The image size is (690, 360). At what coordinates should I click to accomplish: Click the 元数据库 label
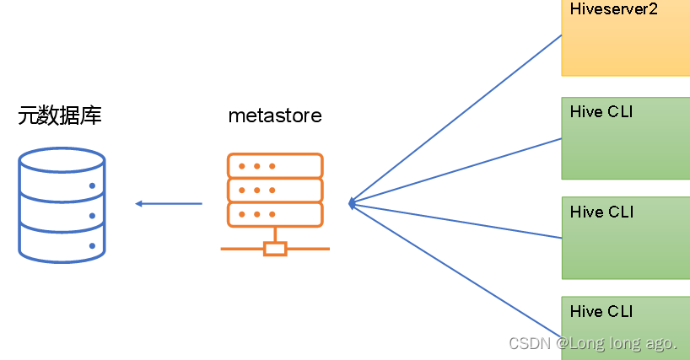pyautogui.click(x=60, y=116)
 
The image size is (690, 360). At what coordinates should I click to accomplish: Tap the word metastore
pyautogui.click(x=275, y=116)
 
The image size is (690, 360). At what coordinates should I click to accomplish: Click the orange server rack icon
pyautogui.click(x=275, y=202)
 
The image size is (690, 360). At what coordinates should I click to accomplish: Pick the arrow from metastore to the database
pyautogui.click(x=169, y=203)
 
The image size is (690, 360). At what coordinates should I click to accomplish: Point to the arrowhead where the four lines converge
pyautogui.click(x=351, y=203)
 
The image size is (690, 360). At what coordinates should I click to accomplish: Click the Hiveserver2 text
pyautogui.click(x=613, y=10)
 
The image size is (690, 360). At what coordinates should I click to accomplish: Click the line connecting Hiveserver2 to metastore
pyautogui.click(x=456, y=118)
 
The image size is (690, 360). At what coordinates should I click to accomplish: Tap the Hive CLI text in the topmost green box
pyautogui.click(x=601, y=112)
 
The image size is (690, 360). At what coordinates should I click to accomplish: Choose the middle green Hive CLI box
pyautogui.click(x=625, y=237)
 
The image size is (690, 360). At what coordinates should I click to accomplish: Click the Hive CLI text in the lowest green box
pyautogui.click(x=601, y=312)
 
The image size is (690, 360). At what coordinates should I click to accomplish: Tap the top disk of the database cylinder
pyautogui.click(x=62, y=159)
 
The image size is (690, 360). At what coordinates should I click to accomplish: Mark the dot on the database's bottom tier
pyautogui.click(x=92, y=245)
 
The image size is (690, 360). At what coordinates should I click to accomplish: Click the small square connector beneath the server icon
pyautogui.click(x=275, y=249)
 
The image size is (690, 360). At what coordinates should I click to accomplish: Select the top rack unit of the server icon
pyautogui.click(x=275, y=165)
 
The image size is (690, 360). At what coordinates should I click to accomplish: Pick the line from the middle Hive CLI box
pyautogui.click(x=456, y=221)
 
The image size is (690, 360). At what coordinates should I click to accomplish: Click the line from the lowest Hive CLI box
pyautogui.click(x=456, y=270)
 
